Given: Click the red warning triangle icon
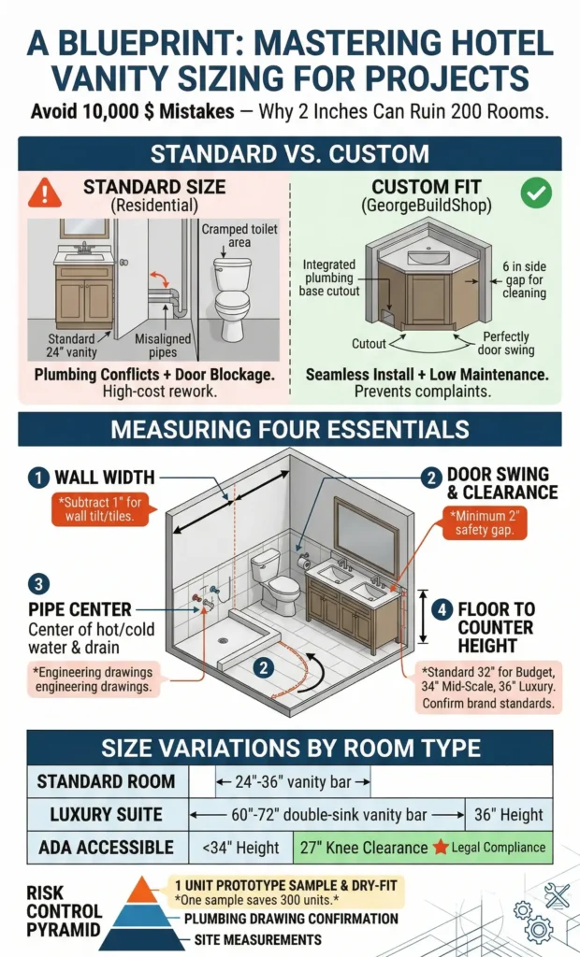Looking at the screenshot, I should pyautogui.click(x=44, y=193).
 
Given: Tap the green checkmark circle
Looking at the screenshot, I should pyautogui.click(x=536, y=193).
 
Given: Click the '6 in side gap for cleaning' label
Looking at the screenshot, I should pyautogui.click(x=524, y=280).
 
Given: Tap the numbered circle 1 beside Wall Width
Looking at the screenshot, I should pyautogui.click(x=38, y=478).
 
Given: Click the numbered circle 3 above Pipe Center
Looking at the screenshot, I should pyautogui.click(x=38, y=585).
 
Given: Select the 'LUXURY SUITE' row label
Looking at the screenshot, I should pyautogui.click(x=102, y=814).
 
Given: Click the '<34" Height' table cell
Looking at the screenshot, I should pyautogui.click(x=240, y=848).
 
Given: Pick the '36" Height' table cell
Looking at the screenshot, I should pyautogui.click(x=509, y=814).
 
